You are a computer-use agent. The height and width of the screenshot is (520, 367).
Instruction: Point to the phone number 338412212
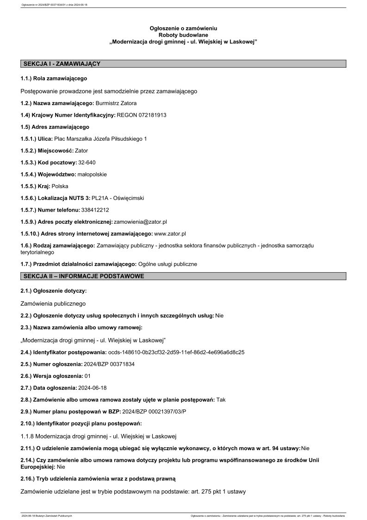coord(95,210)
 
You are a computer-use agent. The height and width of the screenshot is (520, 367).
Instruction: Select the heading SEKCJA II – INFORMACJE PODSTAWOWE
coord(84,276)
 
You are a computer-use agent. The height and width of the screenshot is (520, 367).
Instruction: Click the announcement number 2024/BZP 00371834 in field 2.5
coord(109,364)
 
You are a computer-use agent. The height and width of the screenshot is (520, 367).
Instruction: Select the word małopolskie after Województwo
coord(92,175)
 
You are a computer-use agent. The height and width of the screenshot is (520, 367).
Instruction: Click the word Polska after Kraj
coord(60,187)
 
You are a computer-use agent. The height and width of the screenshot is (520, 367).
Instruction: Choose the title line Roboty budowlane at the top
coord(183,35)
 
